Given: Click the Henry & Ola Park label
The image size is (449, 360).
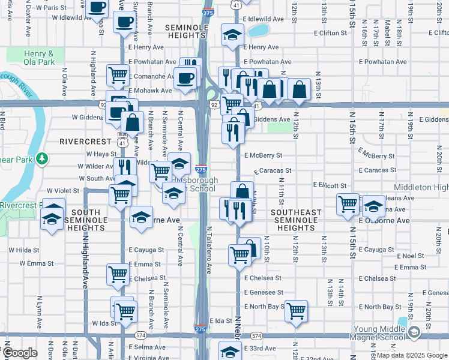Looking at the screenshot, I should coord(38,58).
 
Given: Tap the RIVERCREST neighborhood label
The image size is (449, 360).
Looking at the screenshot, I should coord(86,142).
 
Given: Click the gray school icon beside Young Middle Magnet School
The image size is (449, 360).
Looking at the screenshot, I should coord(414,332).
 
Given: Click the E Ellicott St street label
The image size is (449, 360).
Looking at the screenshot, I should coord(330,185).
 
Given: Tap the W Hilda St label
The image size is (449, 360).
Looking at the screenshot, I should coord(23,250).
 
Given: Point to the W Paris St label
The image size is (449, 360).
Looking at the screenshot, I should coord(67,8).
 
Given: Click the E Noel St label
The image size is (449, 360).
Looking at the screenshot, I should coord(411,256).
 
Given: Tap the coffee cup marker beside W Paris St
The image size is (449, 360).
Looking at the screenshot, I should coord(97,8).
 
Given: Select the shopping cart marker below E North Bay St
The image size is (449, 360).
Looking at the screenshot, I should coord(296,311).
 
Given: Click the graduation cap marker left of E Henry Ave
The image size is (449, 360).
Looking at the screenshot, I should coord(232,35).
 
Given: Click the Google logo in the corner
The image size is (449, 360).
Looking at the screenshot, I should coord(20,353).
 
